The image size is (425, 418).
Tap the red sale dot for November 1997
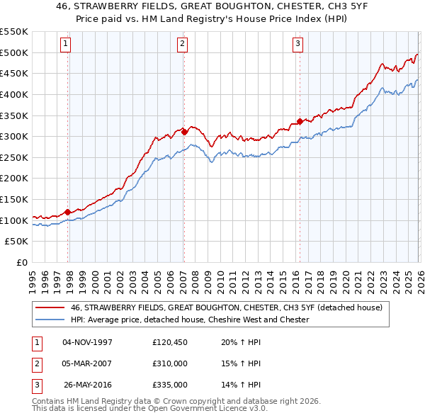pos(68,212)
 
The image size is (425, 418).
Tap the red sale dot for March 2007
pos(184,132)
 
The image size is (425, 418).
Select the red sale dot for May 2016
pos(300,121)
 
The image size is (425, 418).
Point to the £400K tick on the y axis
pos(14,94)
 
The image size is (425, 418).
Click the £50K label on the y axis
pos(17,242)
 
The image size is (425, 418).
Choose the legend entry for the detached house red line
pos(226,307)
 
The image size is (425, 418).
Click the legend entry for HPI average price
pos(190,320)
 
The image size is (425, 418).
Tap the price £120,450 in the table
pos(170,342)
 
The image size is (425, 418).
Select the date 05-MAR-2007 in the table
pos(88,363)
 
